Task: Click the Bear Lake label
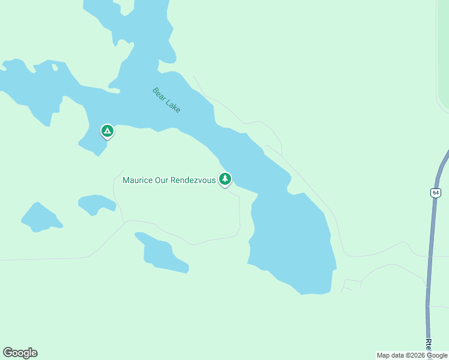[166, 100]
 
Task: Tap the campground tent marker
[107, 131]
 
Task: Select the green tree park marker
[225, 179]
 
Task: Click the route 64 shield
[435, 193]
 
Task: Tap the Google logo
[20, 353]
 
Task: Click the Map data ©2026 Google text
[412, 355]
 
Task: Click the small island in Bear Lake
[55, 67]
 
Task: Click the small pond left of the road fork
[96, 203]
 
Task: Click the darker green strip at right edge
[444, 54]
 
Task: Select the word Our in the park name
[161, 180]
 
